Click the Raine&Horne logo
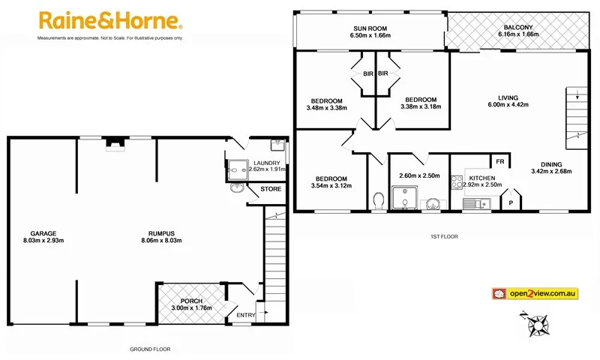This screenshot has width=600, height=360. point(109,20)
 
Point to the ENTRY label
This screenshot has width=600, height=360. point(245,315)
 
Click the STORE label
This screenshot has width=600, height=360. point(271,189)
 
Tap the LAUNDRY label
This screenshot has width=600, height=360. point(267,163)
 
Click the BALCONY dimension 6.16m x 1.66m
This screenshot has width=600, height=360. point(519,34)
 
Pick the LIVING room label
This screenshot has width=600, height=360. point(508,97)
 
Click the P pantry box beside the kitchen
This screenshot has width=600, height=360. point(511,202)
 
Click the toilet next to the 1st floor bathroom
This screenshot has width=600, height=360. point(378,200)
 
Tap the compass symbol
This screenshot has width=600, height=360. point(538,325)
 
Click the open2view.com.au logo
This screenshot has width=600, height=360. point(533,293)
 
